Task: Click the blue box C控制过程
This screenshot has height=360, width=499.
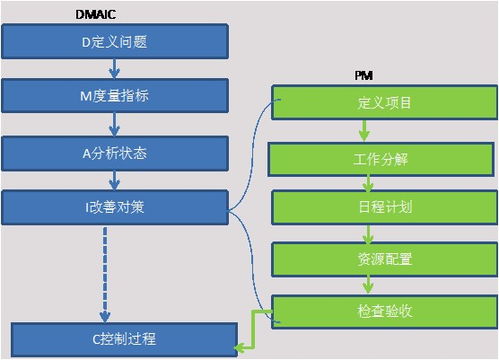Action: point(124,338)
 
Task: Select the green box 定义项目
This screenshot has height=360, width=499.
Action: point(384,103)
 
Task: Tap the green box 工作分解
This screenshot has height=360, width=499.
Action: point(384,158)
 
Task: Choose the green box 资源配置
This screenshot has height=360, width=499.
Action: point(384,259)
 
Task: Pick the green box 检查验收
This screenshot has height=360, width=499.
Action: point(384,310)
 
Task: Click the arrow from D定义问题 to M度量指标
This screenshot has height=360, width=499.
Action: point(116,70)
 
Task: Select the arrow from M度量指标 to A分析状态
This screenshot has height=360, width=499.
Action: point(116,124)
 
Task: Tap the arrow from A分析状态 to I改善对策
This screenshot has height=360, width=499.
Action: point(116,179)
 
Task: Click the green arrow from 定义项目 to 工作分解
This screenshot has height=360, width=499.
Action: point(366,130)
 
